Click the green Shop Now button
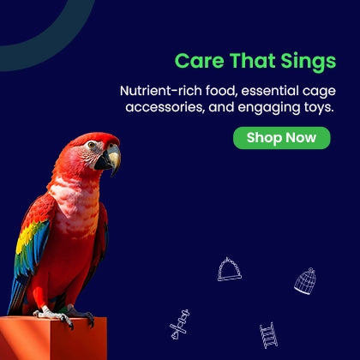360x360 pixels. [282, 138]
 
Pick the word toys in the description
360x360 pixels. [319, 108]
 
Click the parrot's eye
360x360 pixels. [92, 145]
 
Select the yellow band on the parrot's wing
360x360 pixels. [27, 236]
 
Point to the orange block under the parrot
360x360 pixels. [53, 339]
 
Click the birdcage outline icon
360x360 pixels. [305, 281]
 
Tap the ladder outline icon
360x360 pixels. [268, 335]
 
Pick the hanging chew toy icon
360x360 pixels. [180, 325]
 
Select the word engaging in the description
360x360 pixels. [268, 108]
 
